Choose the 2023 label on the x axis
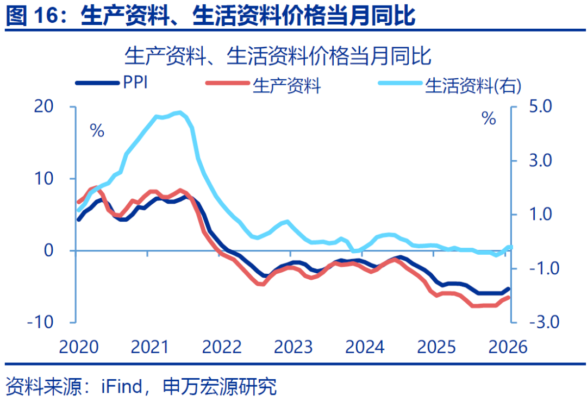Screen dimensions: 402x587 [x=291, y=347]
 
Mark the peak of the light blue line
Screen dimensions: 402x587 [x=179, y=113]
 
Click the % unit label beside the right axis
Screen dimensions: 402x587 [x=489, y=118]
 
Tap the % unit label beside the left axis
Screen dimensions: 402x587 [x=97, y=131]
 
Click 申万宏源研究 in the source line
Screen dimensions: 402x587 [x=220, y=387]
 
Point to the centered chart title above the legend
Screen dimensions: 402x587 [x=278, y=56]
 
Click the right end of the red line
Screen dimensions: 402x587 [x=509, y=297]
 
